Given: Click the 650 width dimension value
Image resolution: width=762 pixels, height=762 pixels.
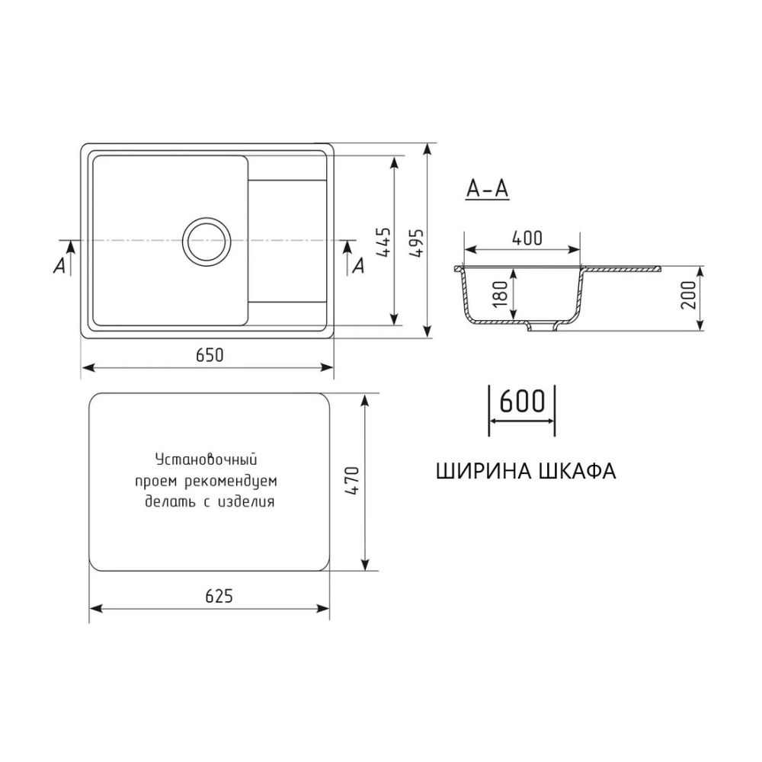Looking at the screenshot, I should [207, 354].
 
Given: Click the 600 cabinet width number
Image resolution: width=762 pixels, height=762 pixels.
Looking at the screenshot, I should [521, 402].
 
